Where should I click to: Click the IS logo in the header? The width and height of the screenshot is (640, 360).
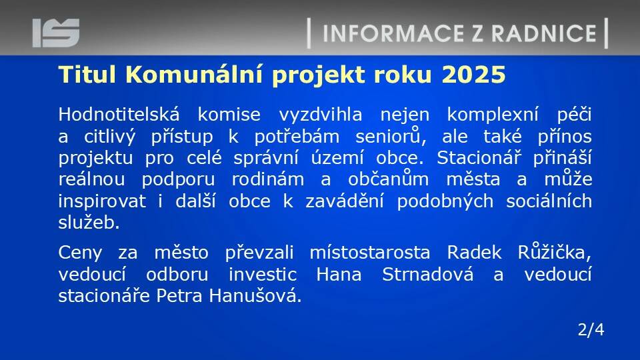[x=56, y=33]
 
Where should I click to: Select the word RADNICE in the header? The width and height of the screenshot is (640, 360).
[x=544, y=33]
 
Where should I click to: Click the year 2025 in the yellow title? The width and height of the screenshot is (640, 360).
[x=473, y=75]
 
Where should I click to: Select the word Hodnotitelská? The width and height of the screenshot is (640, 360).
[x=119, y=114]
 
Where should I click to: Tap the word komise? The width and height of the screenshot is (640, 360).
[x=229, y=114]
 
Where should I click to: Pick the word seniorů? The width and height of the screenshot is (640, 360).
[x=391, y=136]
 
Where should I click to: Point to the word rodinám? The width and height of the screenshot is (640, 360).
[x=268, y=179]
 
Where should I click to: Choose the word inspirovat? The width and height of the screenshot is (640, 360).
[x=102, y=201]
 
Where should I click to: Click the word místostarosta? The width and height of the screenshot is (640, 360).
[x=370, y=253]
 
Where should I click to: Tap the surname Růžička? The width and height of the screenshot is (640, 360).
[x=554, y=252]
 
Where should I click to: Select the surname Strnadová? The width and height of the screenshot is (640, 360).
[x=428, y=274]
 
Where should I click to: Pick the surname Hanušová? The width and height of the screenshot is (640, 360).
[x=255, y=295]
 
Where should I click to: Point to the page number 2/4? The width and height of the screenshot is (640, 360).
[x=591, y=329]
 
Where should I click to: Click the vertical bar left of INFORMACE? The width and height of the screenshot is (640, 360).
[x=309, y=33]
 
